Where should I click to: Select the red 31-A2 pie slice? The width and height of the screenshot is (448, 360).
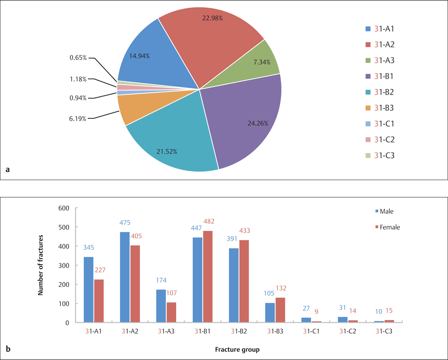206,45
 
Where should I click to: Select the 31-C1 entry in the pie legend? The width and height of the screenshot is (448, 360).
381,124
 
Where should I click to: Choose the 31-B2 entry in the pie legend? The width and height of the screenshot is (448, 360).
381,92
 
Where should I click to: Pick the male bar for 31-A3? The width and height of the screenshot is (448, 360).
160,306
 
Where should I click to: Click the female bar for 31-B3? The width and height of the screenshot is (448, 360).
280,310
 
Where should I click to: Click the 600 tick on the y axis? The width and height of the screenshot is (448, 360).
64,208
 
